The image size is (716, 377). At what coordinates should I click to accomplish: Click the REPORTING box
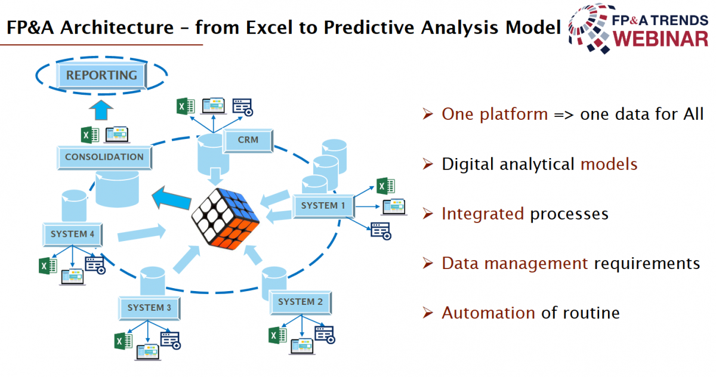[101, 75]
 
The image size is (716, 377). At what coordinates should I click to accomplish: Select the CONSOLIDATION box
[104, 157]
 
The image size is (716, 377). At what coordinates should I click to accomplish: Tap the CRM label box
[248, 140]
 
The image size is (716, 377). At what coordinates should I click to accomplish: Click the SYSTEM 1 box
[323, 206]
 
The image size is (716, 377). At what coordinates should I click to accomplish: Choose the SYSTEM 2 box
[301, 302]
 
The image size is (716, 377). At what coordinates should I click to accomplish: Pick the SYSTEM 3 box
[149, 308]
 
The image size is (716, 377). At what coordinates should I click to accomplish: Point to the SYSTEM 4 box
[73, 234]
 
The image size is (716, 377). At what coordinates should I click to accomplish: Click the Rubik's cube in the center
[225, 219]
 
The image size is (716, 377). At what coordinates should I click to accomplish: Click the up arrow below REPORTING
[101, 110]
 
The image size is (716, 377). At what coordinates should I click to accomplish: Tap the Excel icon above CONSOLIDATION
[90, 135]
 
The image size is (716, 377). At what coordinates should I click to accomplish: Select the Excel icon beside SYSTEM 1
[385, 186]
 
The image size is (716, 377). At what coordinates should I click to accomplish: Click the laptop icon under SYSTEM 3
[148, 352]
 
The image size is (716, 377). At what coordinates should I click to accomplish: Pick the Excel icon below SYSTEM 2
[277, 335]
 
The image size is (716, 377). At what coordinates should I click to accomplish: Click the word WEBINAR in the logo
[661, 39]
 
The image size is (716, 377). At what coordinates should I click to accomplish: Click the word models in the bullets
[609, 164]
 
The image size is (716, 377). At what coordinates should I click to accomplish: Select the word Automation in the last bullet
[489, 313]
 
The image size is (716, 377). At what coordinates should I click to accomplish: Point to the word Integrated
[483, 214]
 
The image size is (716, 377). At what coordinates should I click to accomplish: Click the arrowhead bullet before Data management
[428, 263]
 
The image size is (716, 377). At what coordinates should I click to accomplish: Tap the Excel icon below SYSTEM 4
[48, 266]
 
